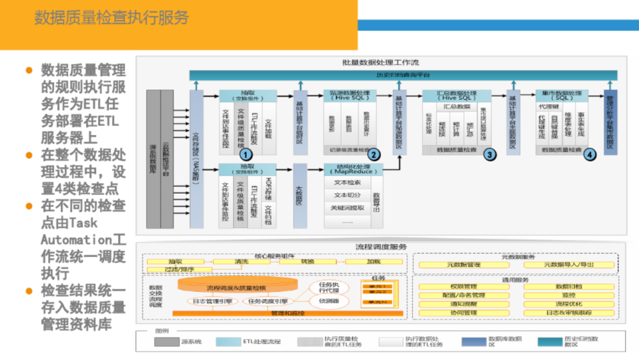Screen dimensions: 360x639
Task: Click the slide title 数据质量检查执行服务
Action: [x=111, y=18]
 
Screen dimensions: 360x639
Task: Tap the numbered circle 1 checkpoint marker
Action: [x=247, y=154]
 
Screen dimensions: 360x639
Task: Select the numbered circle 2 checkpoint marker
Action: [x=373, y=154]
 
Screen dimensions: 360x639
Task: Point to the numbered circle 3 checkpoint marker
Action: [x=489, y=154]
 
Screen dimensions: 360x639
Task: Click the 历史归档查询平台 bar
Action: [x=403, y=75]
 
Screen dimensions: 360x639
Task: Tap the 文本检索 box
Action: [x=347, y=182]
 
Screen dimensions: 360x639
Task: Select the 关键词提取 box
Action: [x=347, y=208]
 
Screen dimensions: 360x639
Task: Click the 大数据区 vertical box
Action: [x=299, y=196]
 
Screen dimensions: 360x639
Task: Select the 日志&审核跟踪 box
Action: [x=569, y=313]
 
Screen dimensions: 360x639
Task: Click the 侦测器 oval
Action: [x=328, y=301]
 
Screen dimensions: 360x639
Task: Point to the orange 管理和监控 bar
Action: [x=288, y=313]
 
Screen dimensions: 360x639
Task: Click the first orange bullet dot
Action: [x=28, y=70]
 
